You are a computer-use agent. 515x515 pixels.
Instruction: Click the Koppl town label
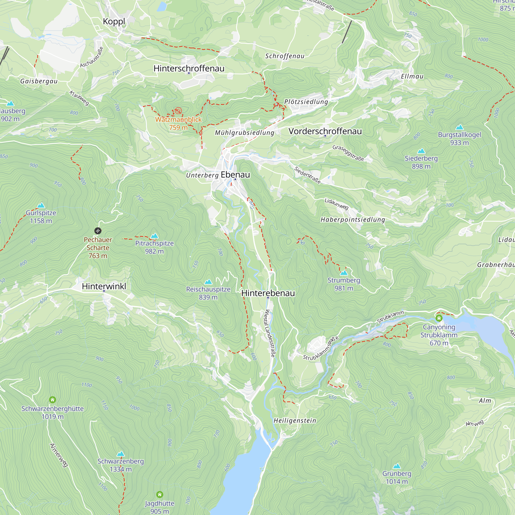tap(114, 22)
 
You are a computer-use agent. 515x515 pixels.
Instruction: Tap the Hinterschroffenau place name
tap(189, 68)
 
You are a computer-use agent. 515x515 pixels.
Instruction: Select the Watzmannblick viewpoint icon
tap(178, 110)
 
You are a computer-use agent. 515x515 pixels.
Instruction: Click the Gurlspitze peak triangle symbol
tap(41, 205)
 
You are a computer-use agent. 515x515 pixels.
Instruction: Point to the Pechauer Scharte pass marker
tap(98, 230)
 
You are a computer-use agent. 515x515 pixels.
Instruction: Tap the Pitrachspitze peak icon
tap(154, 236)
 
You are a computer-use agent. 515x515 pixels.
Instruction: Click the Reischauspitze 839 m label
tap(208, 293)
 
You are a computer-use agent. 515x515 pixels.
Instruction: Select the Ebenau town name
tap(235, 175)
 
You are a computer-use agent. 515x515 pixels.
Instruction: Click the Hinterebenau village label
tap(268, 293)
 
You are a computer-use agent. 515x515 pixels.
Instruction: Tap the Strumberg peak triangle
tap(344, 273)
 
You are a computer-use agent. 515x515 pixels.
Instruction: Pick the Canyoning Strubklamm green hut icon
tap(439, 318)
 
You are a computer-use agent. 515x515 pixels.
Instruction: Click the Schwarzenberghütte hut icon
tap(53, 400)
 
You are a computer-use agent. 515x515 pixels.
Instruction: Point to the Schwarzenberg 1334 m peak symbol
tap(121, 454)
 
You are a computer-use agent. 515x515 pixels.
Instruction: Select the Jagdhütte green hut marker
tap(160, 495)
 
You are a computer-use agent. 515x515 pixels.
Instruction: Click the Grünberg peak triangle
tap(397, 466)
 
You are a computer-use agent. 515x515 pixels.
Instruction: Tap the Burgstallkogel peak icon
tap(459, 127)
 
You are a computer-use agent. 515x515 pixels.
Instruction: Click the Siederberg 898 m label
tap(421, 162)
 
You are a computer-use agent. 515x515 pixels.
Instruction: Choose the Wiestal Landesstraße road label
tap(270, 333)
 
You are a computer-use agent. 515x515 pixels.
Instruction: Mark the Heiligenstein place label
tap(295, 421)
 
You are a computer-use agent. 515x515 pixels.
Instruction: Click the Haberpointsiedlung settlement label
tap(353, 220)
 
